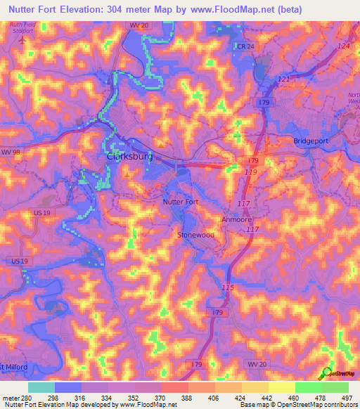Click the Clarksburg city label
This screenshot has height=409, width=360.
tap(129, 157)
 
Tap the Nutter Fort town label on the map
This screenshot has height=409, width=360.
tap(181, 202)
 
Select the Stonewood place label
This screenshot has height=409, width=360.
tap(196, 235)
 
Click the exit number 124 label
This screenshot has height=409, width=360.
tap(342, 46)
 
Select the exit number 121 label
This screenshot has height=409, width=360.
tap(283, 79)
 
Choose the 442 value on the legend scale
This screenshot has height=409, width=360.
tap(266, 397)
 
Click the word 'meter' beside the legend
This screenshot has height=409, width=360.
tap(9, 397)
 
